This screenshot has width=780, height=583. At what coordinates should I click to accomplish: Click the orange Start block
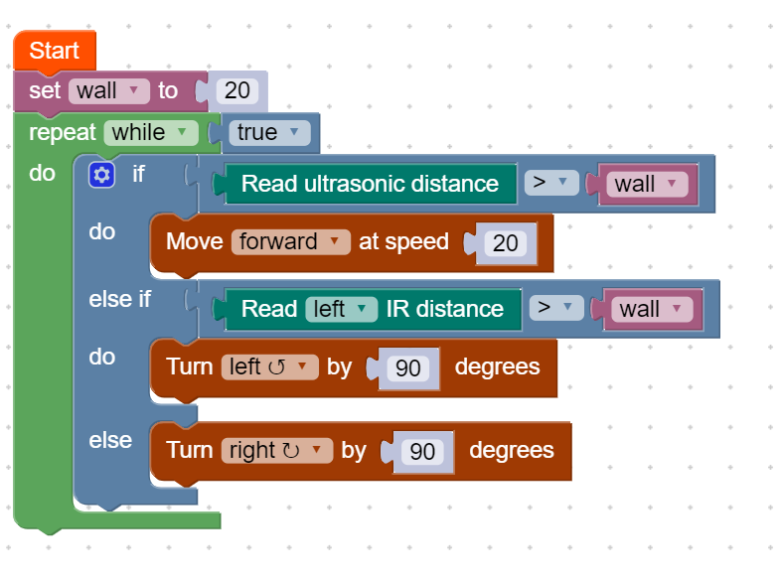(x=54, y=51)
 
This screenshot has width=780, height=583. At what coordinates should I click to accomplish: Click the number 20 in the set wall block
(x=236, y=91)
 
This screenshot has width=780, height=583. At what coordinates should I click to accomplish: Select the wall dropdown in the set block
(x=108, y=91)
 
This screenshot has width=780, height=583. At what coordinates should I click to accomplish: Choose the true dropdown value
(x=267, y=132)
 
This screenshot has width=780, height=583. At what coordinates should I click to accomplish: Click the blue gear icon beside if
(x=101, y=175)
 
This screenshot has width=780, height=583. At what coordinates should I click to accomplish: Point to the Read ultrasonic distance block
(x=370, y=184)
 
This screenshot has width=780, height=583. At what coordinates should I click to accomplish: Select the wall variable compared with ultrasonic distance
(x=647, y=184)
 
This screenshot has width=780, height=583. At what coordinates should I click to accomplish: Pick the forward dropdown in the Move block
(x=291, y=241)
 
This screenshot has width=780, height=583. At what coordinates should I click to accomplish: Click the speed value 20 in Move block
(x=506, y=242)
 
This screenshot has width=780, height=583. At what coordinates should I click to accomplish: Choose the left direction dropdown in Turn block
(x=269, y=366)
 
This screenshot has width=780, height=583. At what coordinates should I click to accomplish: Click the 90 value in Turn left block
(x=408, y=367)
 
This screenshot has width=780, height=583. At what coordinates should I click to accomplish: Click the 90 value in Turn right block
(x=422, y=451)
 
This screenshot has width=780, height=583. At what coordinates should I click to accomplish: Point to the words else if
(x=119, y=299)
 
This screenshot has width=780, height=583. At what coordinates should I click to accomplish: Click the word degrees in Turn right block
(x=511, y=450)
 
